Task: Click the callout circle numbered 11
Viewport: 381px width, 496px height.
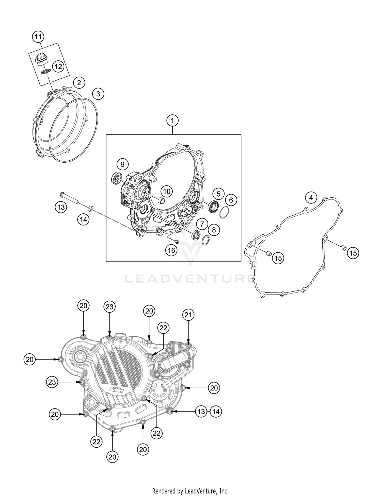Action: pos(38,37)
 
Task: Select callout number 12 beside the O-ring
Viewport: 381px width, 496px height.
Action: pos(58,66)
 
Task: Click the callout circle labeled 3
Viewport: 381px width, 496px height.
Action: pos(98,94)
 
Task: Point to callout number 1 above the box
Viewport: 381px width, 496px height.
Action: pos(172,121)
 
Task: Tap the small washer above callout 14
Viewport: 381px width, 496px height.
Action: pos(90,209)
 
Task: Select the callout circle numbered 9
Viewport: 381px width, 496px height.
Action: pos(122,164)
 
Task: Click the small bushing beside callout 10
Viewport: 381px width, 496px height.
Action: pos(161,201)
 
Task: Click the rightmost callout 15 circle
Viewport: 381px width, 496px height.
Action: pos(353,253)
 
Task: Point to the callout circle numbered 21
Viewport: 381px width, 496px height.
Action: pos(188,315)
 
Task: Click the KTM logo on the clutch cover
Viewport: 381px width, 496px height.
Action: pos(116,390)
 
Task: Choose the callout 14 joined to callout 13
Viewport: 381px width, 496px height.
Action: pos(216,411)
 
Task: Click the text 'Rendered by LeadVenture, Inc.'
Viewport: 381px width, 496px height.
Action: pos(190,491)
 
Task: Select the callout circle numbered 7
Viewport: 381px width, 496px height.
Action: pos(202,224)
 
